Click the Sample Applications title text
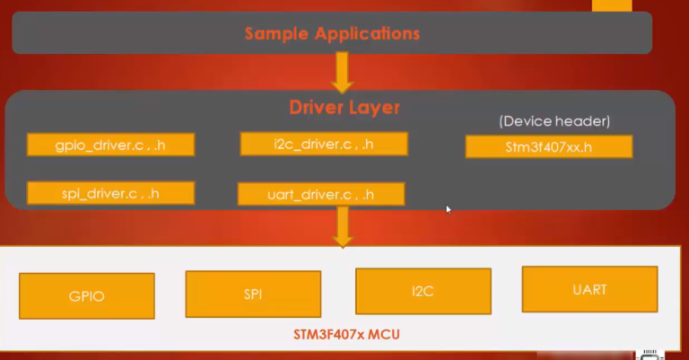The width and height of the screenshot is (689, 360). click(x=332, y=35)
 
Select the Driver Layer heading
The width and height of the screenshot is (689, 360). click(x=344, y=108)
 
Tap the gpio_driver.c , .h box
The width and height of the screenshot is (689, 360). click(x=110, y=145)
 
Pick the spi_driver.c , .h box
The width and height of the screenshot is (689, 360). click(x=110, y=192)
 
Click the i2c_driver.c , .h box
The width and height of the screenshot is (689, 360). click(x=324, y=145)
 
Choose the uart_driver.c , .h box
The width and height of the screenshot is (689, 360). click(x=321, y=194)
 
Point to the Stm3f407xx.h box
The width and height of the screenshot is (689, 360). click(x=548, y=147)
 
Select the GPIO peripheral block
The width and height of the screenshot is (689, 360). click(x=87, y=296)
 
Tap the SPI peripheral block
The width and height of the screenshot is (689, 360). click(x=253, y=294)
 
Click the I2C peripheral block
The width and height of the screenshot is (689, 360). click(x=423, y=291)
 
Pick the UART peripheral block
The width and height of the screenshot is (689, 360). click(x=589, y=289)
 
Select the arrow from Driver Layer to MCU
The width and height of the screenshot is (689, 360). click(x=342, y=227)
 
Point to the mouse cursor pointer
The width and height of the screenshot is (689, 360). click(x=449, y=209)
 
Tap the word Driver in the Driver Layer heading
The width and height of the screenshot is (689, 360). click(x=316, y=108)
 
